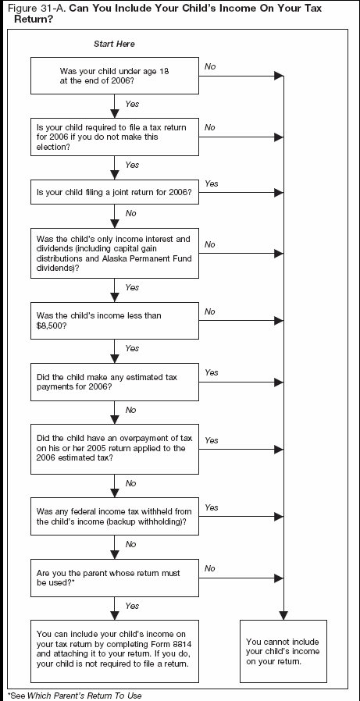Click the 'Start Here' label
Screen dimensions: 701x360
coord(114,44)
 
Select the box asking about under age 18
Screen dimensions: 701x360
coord(115,75)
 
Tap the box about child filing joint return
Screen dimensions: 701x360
coord(115,191)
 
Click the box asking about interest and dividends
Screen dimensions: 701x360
coord(115,252)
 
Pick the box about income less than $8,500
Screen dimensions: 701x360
coord(115,319)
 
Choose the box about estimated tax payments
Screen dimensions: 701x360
coord(115,382)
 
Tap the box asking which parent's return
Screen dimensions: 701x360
coord(115,578)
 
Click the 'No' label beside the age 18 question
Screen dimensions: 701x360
coord(210,66)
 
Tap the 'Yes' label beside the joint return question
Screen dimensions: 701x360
coord(211,183)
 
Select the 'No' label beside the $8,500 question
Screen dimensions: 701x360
coord(209,311)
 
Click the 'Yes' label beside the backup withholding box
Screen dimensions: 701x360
coord(211,507)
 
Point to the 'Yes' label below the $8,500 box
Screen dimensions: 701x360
coord(132,348)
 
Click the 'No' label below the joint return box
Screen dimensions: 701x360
coord(130,212)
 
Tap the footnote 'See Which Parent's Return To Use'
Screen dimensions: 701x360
coord(76,695)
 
